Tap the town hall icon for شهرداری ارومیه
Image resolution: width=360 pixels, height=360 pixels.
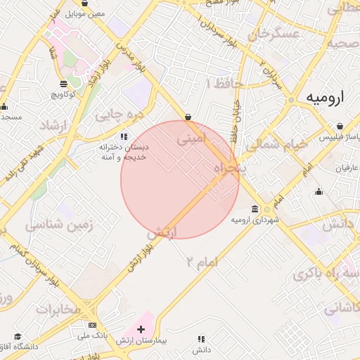click(255, 210)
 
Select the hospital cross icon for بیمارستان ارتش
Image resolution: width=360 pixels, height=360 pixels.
click(141, 329)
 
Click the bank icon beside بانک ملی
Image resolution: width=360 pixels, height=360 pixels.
click(92, 325)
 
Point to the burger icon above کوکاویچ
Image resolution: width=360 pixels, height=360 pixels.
click(64, 83)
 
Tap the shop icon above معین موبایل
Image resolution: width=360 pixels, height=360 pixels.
click(84, 4)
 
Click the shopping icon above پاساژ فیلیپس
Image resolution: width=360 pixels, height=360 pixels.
click(340, 127)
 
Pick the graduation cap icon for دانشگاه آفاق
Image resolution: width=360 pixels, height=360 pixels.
click(18, 337)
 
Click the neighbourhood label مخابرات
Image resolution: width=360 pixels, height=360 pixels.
click(59, 309)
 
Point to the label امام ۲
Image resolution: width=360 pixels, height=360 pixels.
click(202, 262)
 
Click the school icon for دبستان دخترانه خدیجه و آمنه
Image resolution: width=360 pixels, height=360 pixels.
click(124, 136)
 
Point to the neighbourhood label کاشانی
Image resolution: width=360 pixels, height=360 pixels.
click(342, 307)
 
